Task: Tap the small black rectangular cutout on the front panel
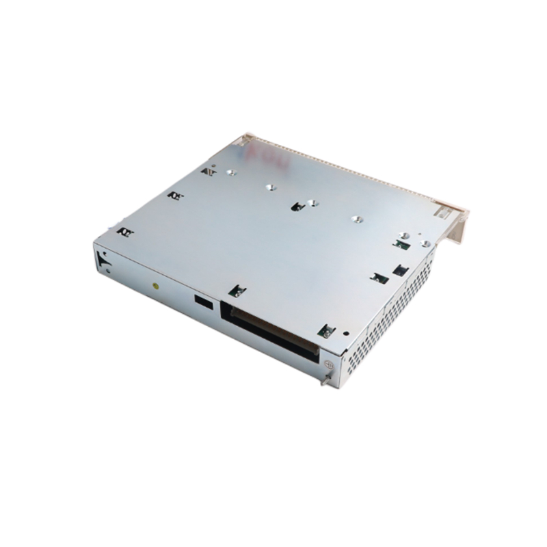pos(201,301)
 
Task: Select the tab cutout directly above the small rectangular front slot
pos(237,290)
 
